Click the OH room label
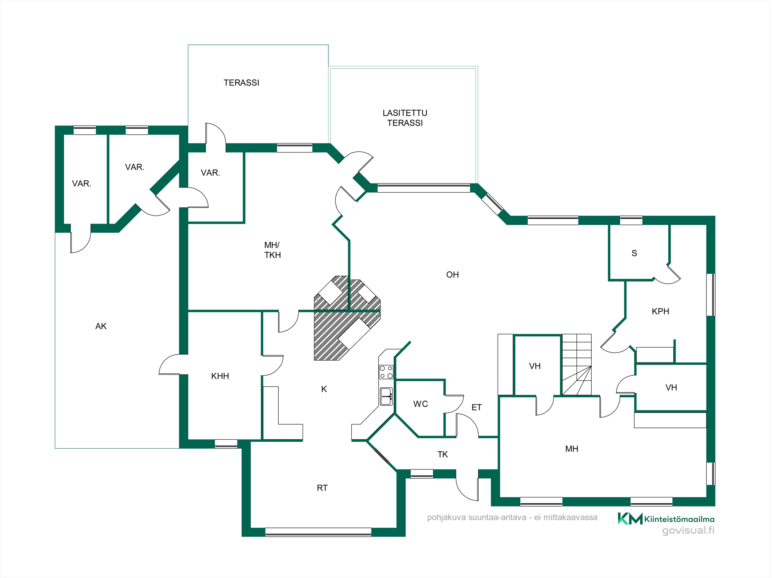click(452, 275)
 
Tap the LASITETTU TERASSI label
click(405, 118)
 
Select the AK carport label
click(101, 326)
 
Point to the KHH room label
click(220, 376)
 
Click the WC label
click(420, 404)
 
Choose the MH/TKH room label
click(273, 250)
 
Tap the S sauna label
click(634, 253)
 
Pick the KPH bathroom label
click(660, 311)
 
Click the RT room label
click(322, 488)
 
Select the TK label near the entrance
click(443, 454)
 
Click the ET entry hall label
click(477, 407)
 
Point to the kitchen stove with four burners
click(386, 372)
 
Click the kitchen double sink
click(386, 397)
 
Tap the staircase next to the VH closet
click(577, 364)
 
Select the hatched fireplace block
click(347, 318)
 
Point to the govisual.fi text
click(688, 530)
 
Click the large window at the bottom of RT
click(318, 532)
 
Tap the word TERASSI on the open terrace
click(241, 83)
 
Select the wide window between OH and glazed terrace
click(424, 188)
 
